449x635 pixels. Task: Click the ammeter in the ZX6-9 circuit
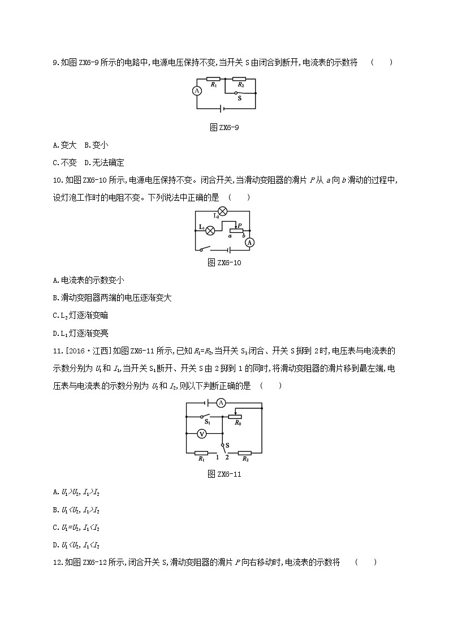[x=197, y=90]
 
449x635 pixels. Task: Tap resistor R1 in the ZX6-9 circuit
[x=213, y=79]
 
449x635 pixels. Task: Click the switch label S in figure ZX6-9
[x=239, y=98]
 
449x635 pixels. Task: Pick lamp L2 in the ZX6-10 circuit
[x=222, y=210]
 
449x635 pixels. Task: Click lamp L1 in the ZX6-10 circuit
[x=210, y=230]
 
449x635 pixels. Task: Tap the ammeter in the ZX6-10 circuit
[x=249, y=241]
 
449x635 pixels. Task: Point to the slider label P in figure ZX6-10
[x=240, y=225]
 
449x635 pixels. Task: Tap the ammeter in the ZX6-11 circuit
[x=222, y=403]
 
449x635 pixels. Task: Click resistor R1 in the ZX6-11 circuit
[x=201, y=452]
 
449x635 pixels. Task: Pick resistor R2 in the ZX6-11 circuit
[x=244, y=452]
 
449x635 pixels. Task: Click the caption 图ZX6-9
[x=225, y=127]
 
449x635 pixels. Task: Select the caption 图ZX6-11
[x=225, y=474]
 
